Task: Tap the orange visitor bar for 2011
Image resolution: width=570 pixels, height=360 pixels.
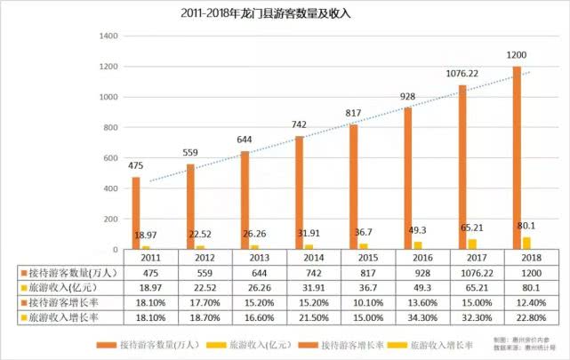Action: pyautogui.click(x=136, y=213)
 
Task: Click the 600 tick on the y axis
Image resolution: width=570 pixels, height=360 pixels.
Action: pyautogui.click(x=109, y=158)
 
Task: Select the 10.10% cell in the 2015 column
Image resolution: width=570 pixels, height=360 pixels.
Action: pyautogui.click(x=358, y=302)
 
